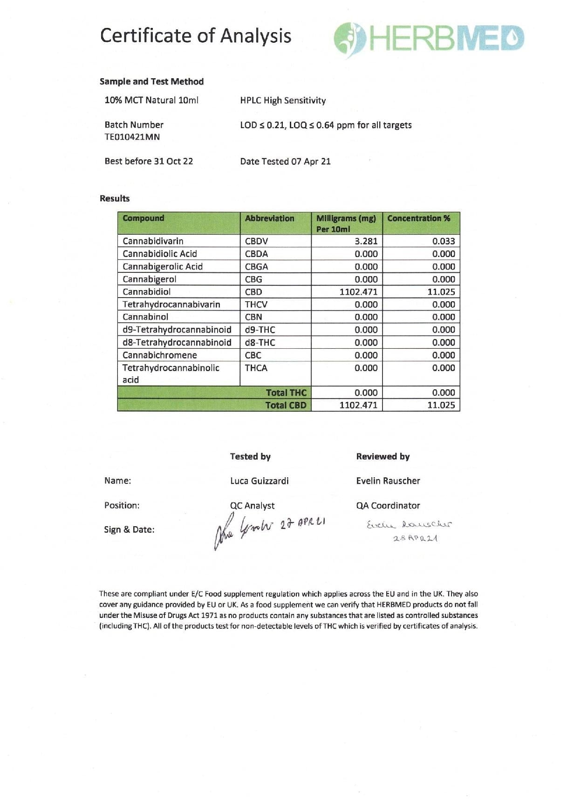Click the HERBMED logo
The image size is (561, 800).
[x=429, y=37]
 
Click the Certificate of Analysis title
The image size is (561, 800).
[x=196, y=36]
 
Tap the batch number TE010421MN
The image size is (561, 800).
[x=132, y=137]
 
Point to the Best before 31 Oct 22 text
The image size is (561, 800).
[x=149, y=161]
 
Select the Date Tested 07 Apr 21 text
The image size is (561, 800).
[x=285, y=161]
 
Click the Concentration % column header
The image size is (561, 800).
[x=418, y=218]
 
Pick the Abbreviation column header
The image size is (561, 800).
[x=269, y=218]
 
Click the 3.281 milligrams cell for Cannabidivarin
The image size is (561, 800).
[x=366, y=241]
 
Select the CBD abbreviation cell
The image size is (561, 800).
[x=253, y=292]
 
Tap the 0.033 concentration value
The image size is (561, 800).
[x=443, y=241]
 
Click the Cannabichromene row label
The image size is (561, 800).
[x=159, y=355]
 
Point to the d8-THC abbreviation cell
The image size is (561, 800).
[x=260, y=343]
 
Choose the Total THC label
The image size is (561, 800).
[x=286, y=393]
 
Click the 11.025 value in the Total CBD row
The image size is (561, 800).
[x=441, y=405]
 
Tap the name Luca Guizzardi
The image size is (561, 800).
[x=259, y=481]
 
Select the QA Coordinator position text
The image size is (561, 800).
[x=388, y=505]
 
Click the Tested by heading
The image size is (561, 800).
[x=250, y=456]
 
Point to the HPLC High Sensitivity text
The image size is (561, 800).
[x=283, y=101]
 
